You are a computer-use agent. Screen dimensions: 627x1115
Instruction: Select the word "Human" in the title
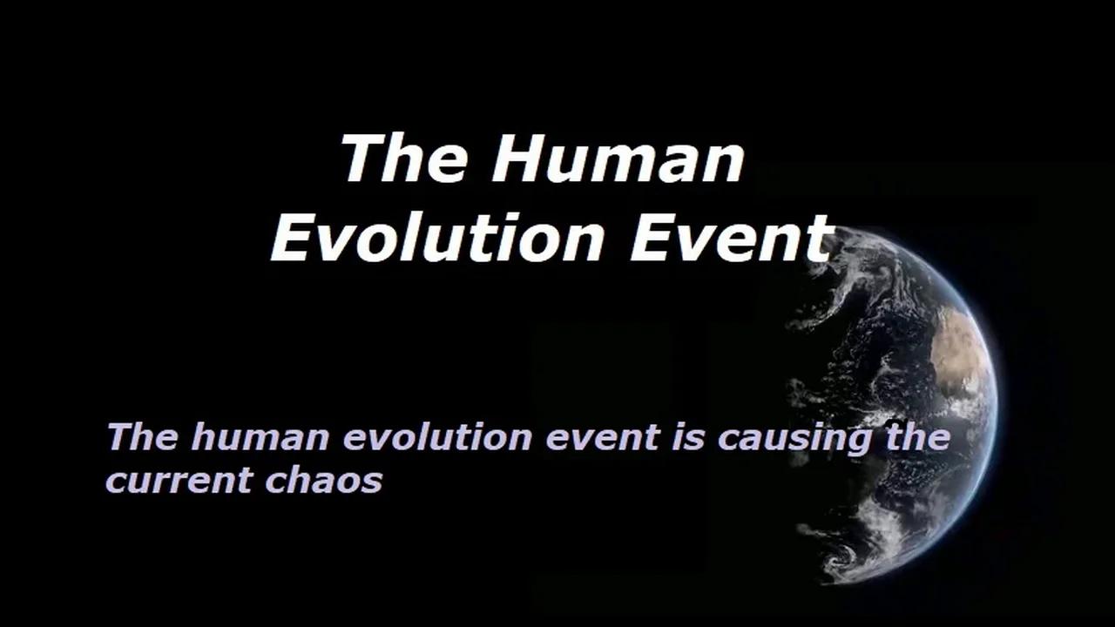(x=618, y=158)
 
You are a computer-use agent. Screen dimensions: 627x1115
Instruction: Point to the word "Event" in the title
(x=732, y=238)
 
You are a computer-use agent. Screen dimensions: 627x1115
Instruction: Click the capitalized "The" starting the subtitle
(x=142, y=436)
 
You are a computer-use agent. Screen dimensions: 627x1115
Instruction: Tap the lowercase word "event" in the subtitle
(x=602, y=437)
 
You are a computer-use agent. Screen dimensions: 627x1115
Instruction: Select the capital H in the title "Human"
(x=513, y=158)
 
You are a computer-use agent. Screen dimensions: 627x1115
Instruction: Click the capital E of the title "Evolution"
(x=294, y=238)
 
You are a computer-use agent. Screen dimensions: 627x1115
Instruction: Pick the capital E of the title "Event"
(x=652, y=238)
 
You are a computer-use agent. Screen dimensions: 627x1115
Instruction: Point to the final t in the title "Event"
(x=820, y=238)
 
